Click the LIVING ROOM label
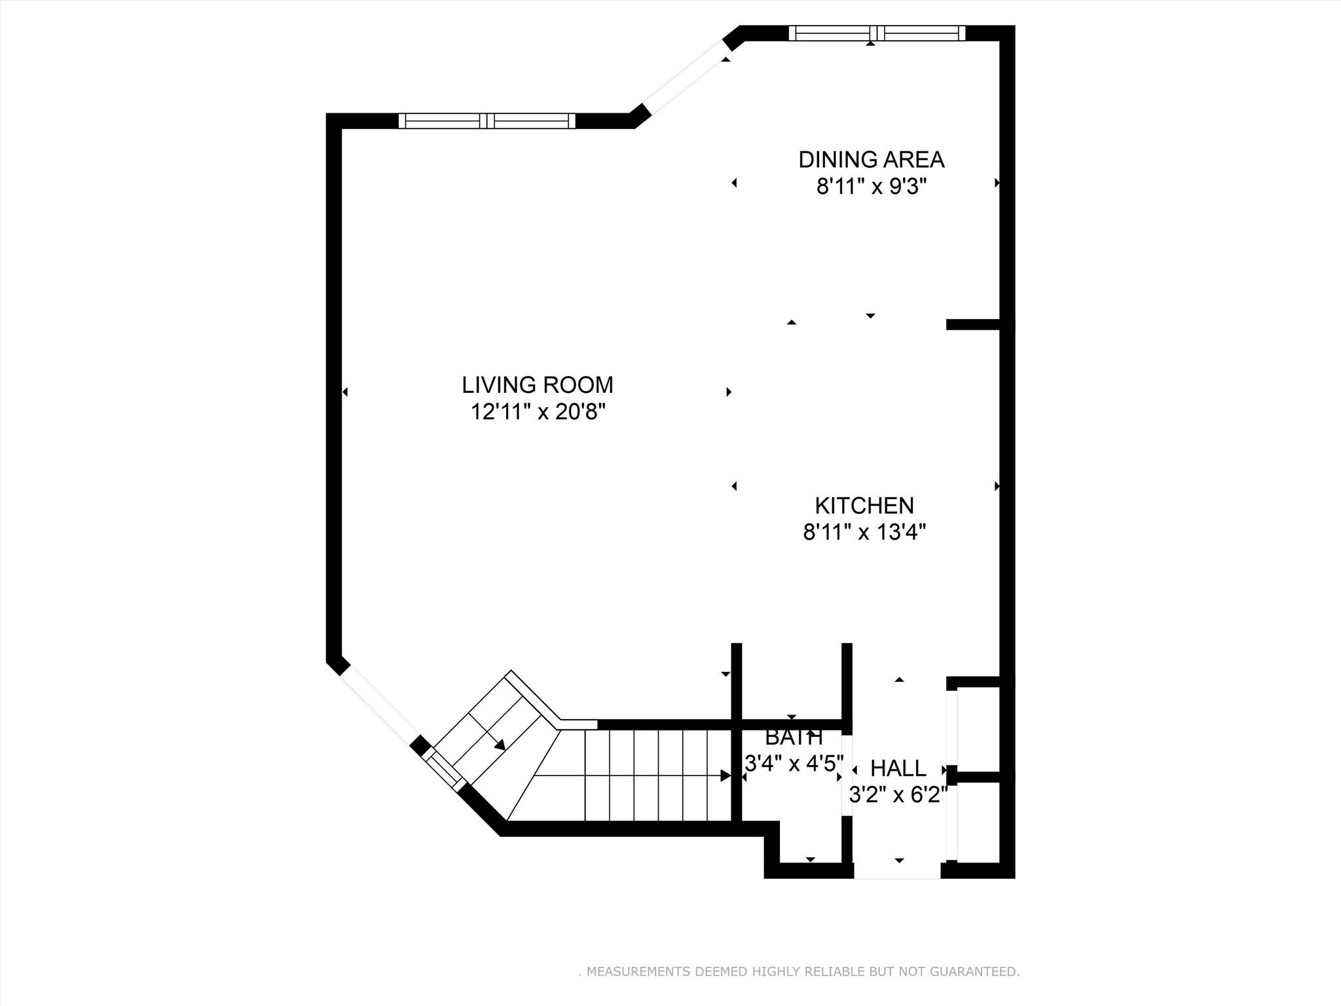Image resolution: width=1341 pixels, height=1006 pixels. coord(537,384)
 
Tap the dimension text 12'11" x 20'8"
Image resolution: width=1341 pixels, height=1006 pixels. coord(537,413)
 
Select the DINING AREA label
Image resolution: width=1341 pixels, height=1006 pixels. coord(871,160)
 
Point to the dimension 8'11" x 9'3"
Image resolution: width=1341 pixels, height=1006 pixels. coord(871,188)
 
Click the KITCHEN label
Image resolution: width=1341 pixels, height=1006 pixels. coord(864,506)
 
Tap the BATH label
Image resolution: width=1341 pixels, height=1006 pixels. coord(794,738)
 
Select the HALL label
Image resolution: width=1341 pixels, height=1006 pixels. coord(898,768)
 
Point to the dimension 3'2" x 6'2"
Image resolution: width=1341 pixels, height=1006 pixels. coord(898,795)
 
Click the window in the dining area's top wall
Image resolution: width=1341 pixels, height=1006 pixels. coord(877,33)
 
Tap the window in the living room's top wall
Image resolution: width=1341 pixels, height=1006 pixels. coord(487,121)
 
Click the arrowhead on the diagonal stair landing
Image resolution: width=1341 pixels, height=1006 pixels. coord(500,745)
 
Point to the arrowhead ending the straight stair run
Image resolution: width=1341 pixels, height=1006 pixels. coord(726,775)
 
